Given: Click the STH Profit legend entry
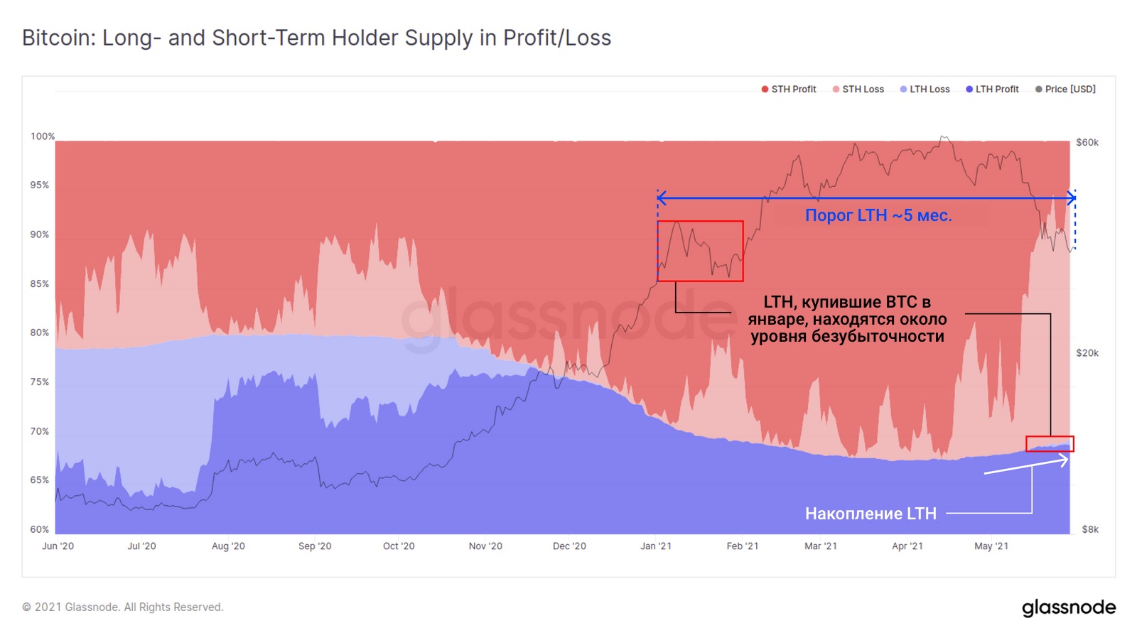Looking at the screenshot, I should [789, 89].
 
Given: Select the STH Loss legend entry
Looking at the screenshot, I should [858, 89].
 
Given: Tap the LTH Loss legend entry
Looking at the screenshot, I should [925, 89].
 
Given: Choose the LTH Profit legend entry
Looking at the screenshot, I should [993, 89].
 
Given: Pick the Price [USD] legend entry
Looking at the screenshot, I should [1066, 89].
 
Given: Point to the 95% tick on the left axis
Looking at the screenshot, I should [40, 185].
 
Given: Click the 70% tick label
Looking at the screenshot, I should [40, 431].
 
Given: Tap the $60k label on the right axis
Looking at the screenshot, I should [1087, 142].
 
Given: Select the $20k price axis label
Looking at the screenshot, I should [1087, 353].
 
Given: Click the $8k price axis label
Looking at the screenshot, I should [1090, 529].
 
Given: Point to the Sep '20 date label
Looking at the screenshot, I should [315, 546].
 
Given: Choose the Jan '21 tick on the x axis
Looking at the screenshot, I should [656, 546].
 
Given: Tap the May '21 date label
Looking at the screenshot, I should [991, 546].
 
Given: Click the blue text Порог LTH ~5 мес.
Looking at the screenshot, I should [878, 215].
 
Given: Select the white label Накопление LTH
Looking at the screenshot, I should [871, 514].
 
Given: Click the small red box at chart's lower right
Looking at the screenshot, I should [1050, 444].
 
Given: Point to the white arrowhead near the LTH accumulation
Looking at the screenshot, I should [1064, 460].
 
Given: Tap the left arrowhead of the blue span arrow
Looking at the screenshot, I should [661, 198].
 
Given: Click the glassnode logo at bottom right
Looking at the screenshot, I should [1069, 608].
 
